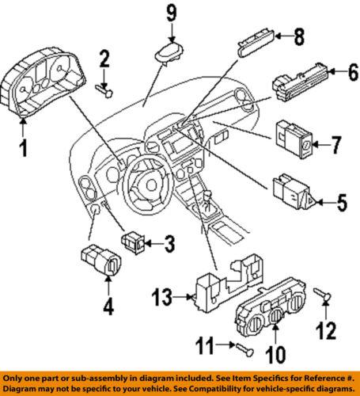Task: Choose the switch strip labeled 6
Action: (299, 82)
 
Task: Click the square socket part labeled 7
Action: (294, 136)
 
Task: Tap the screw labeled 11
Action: (241, 347)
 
